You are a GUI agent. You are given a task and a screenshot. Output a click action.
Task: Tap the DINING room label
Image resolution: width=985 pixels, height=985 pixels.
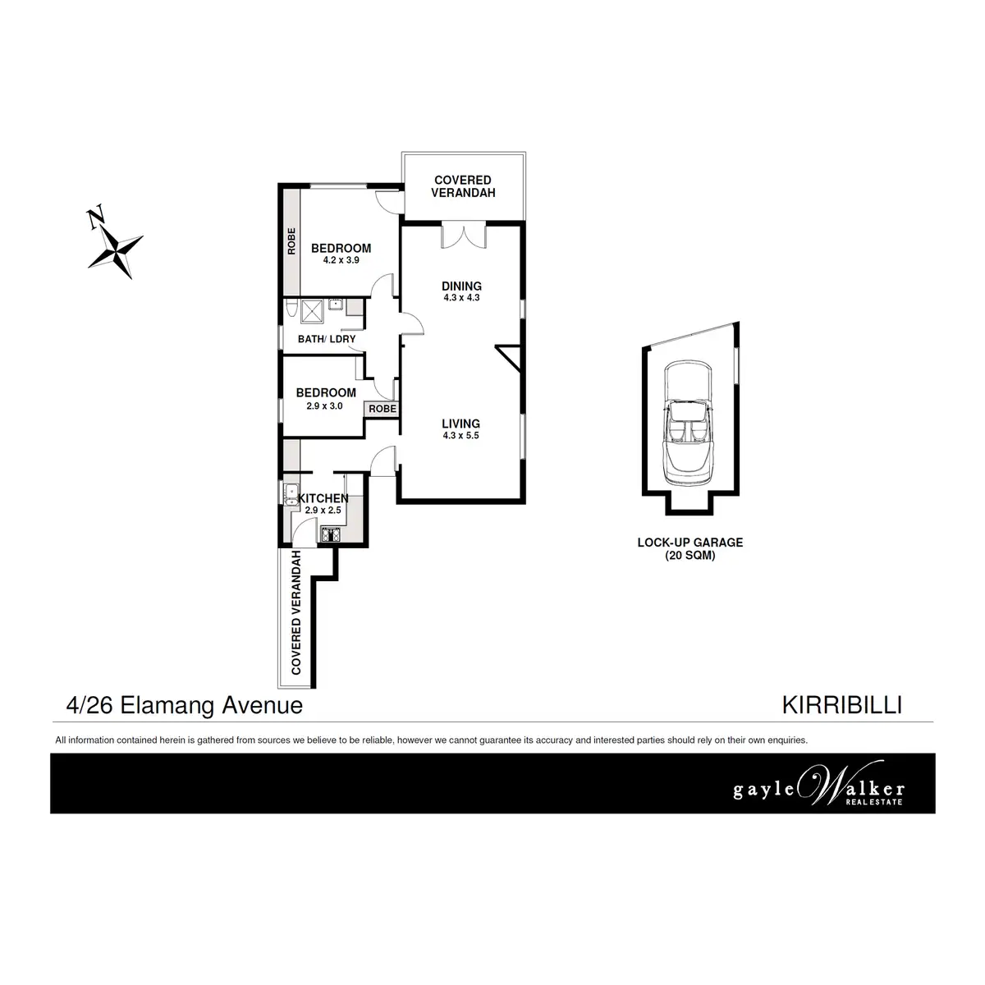tap(461, 286)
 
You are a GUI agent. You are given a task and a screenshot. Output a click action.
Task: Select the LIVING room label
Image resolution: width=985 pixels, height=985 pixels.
tap(460, 424)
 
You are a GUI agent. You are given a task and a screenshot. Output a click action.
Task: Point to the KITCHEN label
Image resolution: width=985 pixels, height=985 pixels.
tap(323, 498)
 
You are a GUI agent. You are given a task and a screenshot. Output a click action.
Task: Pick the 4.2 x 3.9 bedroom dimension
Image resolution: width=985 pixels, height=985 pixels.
tap(341, 260)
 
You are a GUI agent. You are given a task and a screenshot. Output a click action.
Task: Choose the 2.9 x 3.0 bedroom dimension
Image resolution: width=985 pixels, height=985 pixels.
tap(325, 405)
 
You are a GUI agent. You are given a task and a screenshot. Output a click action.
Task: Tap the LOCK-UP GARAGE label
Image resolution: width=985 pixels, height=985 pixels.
tap(690, 542)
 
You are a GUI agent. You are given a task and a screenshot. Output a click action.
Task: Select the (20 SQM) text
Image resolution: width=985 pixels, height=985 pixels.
tap(690, 555)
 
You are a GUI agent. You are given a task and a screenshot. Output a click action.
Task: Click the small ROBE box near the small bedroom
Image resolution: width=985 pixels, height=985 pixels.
tap(383, 408)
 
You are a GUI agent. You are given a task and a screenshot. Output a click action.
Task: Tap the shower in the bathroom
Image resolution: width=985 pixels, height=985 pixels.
tap(313, 309)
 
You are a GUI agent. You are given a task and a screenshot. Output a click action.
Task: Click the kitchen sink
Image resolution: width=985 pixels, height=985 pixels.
tap(289, 494)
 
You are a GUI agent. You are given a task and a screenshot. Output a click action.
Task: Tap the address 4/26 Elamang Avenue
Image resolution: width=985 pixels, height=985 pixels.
tap(184, 705)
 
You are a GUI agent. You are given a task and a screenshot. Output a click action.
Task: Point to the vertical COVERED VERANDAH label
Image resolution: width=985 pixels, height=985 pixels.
tap(296, 613)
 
